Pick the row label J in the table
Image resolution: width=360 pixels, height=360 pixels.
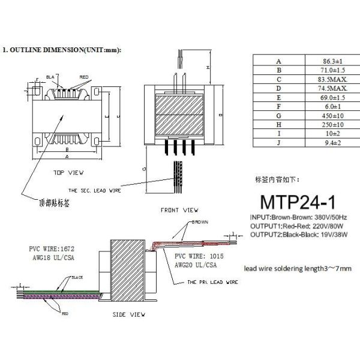click(278, 142)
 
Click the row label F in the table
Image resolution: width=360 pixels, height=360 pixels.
click(278, 106)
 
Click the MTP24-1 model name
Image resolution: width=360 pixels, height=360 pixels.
click(298, 198)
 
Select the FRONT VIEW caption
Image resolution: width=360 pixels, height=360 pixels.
click(179, 211)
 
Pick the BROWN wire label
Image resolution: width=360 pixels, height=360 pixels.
click(199, 222)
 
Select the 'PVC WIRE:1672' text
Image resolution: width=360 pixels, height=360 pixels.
click(53, 248)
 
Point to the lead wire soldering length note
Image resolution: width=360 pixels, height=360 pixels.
click(298, 268)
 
